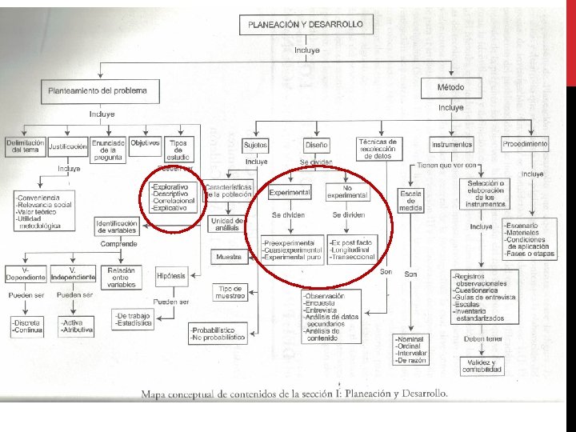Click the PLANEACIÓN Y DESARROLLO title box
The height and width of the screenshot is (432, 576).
(x=306, y=25)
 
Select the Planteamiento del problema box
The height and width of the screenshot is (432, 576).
(x=98, y=91)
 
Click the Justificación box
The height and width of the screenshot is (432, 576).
(x=67, y=146)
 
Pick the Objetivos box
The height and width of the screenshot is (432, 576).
(x=145, y=143)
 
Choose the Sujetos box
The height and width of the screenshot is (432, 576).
(x=256, y=145)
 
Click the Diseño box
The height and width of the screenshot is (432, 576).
(x=316, y=145)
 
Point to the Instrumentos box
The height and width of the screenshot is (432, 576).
(x=451, y=145)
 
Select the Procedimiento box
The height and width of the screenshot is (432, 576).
(x=526, y=144)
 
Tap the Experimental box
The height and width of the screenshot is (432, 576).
(x=290, y=193)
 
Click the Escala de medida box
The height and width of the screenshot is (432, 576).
(x=410, y=201)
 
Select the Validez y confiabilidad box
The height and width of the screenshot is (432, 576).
(x=481, y=366)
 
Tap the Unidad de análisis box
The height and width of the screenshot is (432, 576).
(x=226, y=224)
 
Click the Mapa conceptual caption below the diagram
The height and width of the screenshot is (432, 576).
(x=294, y=394)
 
